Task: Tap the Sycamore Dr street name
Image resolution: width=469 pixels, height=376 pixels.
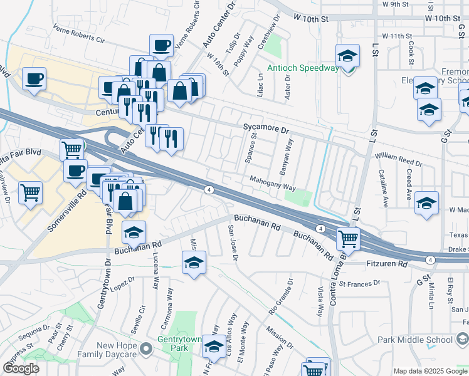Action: click(266, 130)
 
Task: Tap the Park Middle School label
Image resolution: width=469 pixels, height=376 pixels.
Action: click(415, 340)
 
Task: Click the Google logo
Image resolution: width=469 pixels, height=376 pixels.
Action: click(21, 368)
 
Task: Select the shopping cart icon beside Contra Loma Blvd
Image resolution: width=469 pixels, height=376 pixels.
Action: click(348, 238)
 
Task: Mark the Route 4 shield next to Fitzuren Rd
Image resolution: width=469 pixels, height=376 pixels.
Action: click(430, 259)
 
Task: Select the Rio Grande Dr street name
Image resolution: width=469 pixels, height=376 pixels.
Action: click(282, 297)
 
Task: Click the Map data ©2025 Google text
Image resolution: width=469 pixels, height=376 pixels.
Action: click(430, 371)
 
